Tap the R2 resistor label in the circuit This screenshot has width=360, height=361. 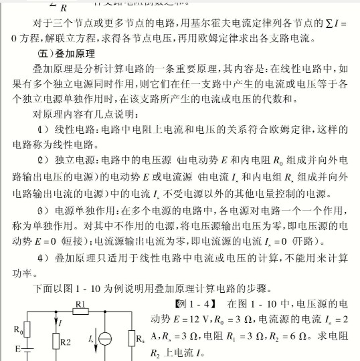[x=65, y=342]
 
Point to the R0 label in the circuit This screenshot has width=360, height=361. [x=19, y=329]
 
